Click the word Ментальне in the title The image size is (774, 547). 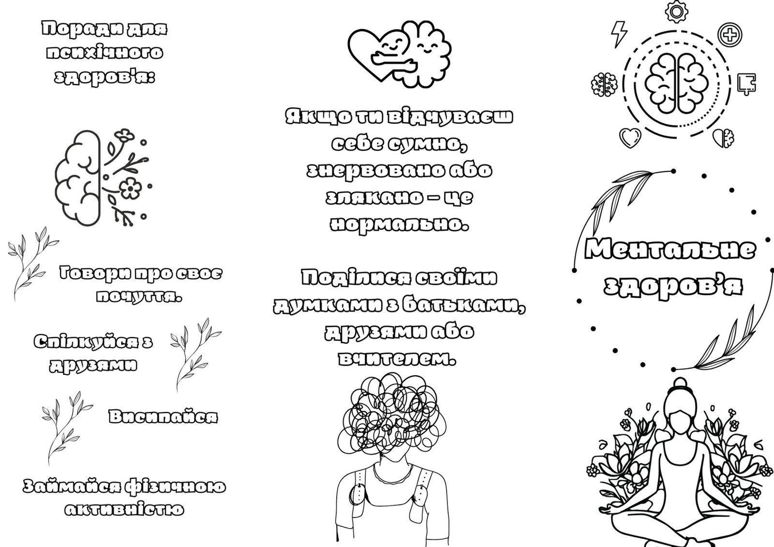point(670,249)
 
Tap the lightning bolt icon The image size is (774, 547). point(619,34)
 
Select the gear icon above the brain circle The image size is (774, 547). point(676,12)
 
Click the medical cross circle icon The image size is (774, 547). point(730,34)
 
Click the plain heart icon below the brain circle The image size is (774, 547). point(630,138)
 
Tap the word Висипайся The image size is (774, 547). point(163,416)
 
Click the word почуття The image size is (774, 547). point(139,296)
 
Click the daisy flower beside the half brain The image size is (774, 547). point(130,188)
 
